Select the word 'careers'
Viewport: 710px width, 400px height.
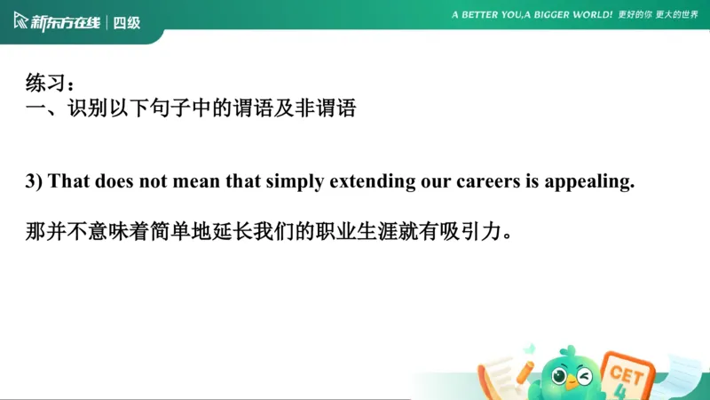pos(475,181)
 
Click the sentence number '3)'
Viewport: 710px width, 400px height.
pos(34,181)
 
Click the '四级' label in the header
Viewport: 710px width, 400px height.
pos(127,22)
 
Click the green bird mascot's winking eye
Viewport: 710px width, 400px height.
pos(584,374)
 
